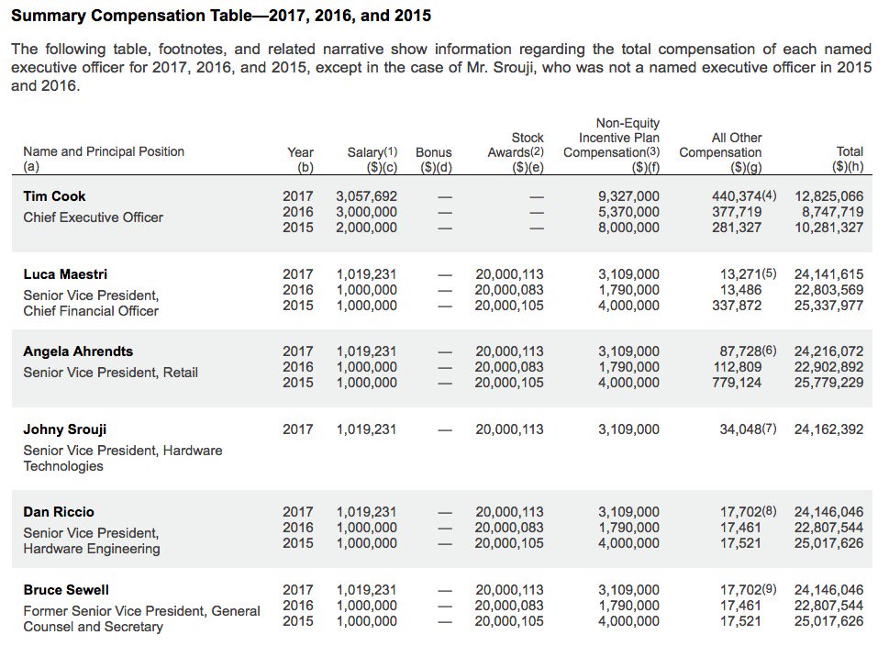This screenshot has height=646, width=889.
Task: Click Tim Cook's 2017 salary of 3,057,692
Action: (366, 196)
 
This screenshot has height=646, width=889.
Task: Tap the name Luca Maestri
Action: (65, 274)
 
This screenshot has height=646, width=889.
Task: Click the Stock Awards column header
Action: (516, 152)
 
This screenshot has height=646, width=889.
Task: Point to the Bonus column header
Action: (434, 160)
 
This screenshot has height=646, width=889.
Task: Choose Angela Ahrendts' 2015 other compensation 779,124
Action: (737, 383)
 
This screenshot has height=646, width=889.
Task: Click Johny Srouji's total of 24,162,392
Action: (828, 429)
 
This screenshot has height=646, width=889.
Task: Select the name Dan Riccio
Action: (59, 512)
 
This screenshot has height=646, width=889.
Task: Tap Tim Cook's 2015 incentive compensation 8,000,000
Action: (628, 228)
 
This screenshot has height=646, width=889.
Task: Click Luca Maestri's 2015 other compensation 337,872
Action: (737, 306)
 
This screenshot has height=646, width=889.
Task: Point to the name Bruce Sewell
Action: (66, 590)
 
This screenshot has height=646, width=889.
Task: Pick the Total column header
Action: (849, 160)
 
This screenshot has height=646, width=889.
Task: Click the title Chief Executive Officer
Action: (93, 217)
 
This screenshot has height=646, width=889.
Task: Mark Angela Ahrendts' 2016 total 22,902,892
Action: (828, 367)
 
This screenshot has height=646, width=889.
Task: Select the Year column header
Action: (301, 160)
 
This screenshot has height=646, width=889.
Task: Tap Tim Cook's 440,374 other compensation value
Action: (737, 196)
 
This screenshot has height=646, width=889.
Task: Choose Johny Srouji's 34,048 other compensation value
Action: (740, 429)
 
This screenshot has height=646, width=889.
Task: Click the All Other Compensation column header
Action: (720, 152)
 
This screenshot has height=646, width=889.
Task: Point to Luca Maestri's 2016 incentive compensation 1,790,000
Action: (628, 290)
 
